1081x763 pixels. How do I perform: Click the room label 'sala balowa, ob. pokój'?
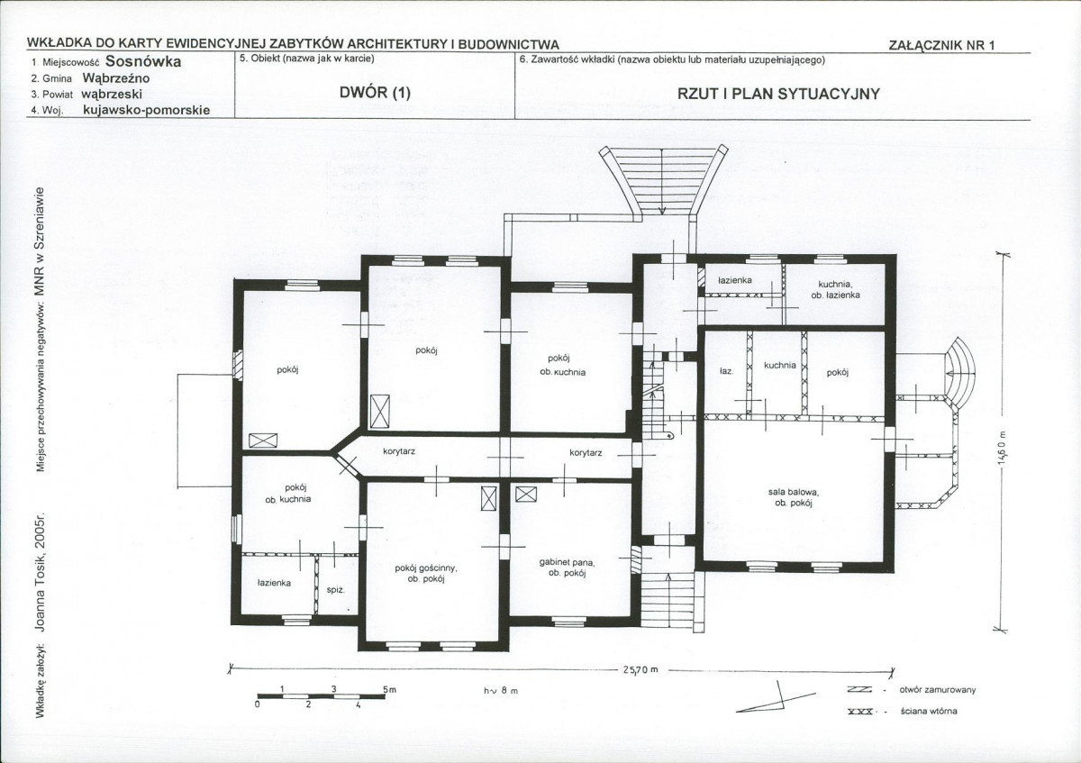[794, 497]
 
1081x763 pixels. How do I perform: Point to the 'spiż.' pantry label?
[335, 590]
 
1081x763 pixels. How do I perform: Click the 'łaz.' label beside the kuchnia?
[726, 372]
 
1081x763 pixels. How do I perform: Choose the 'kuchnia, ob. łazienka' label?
[835, 289]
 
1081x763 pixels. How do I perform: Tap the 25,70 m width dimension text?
[640, 669]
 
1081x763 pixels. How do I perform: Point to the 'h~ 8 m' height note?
[501, 691]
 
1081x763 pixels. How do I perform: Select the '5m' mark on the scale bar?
[389, 689]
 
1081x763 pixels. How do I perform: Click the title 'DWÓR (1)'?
[375, 92]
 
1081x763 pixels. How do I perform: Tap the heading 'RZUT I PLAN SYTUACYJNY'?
[778, 94]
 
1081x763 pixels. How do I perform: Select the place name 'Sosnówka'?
[143, 61]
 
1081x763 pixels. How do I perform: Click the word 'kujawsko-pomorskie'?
[147, 110]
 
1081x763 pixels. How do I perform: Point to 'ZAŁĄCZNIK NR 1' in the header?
[941, 45]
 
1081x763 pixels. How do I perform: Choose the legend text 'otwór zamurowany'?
[937, 690]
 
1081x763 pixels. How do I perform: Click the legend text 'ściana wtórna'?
[929, 711]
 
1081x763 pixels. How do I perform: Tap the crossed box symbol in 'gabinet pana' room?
[526, 495]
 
